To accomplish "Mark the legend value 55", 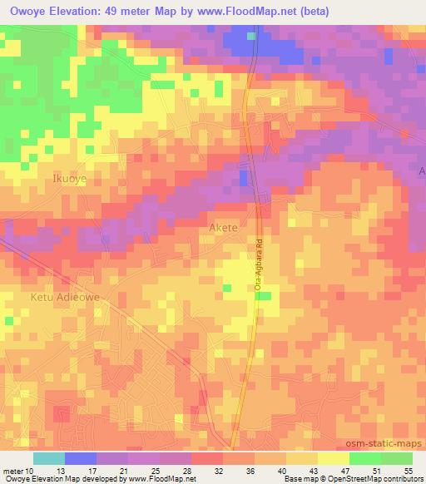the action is click(407, 470).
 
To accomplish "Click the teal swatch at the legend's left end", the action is click(49, 458).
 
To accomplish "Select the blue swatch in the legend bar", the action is click(81, 458).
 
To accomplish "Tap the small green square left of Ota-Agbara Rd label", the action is click(225, 289).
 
